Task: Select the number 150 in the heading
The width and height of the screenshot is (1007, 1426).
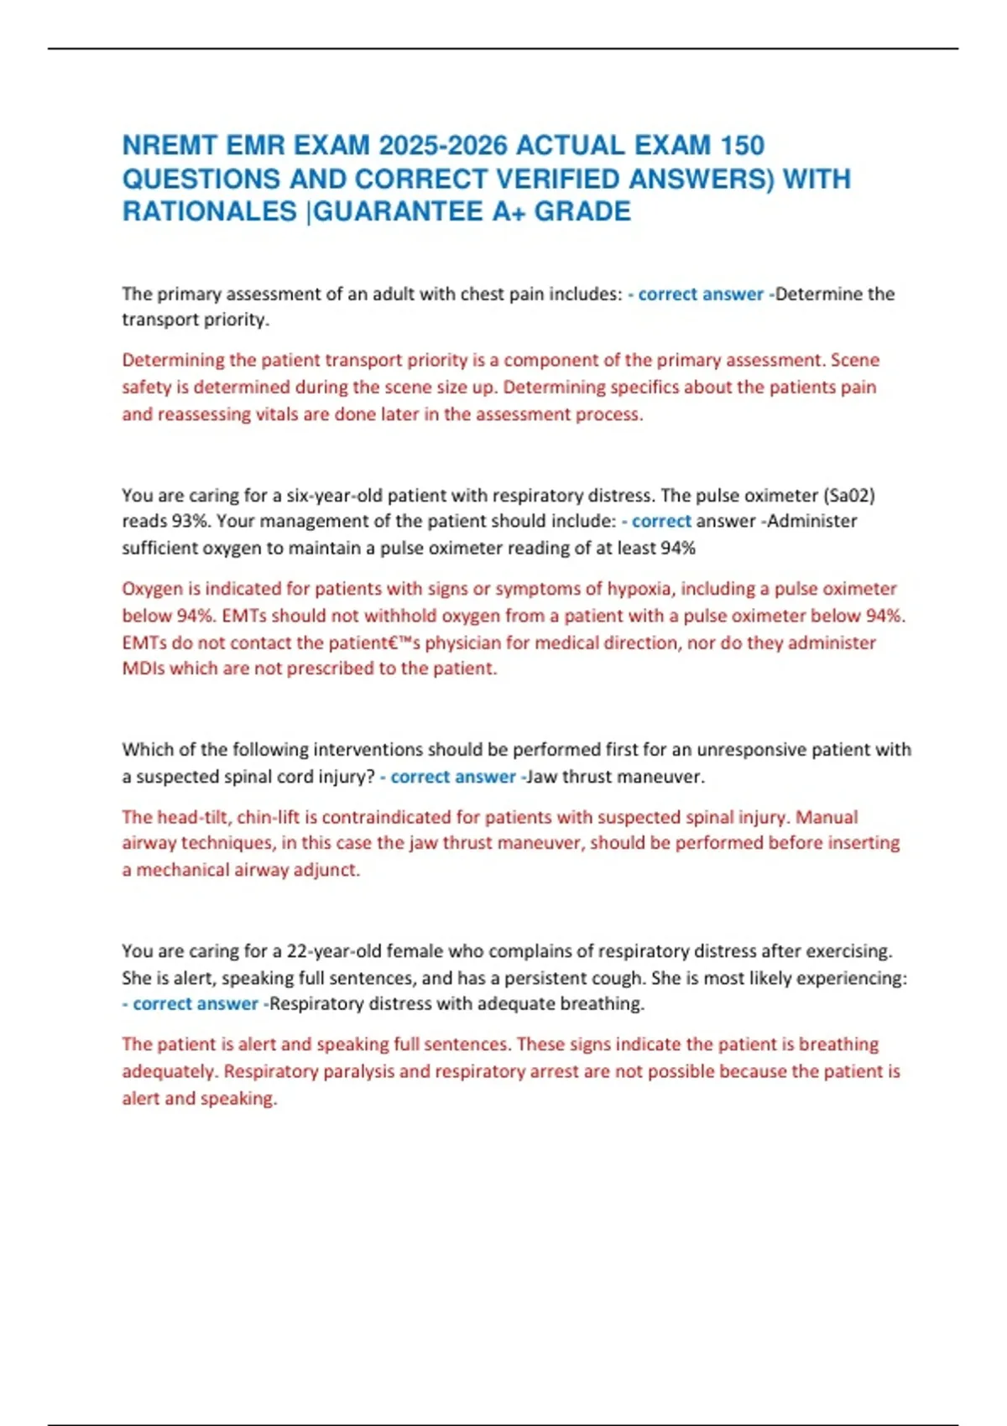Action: coord(742,146)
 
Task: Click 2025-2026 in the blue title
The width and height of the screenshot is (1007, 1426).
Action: coord(443,146)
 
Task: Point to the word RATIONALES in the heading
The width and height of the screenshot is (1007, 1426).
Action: coord(210,211)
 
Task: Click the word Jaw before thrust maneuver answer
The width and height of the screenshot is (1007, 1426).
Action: coord(542,777)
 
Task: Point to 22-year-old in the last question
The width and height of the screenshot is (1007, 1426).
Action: coord(333,951)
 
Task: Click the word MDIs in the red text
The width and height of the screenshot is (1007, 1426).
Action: coord(143,669)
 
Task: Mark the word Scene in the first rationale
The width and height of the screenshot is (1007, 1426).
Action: coord(855,361)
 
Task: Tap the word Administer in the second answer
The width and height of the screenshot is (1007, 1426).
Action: coord(812,521)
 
